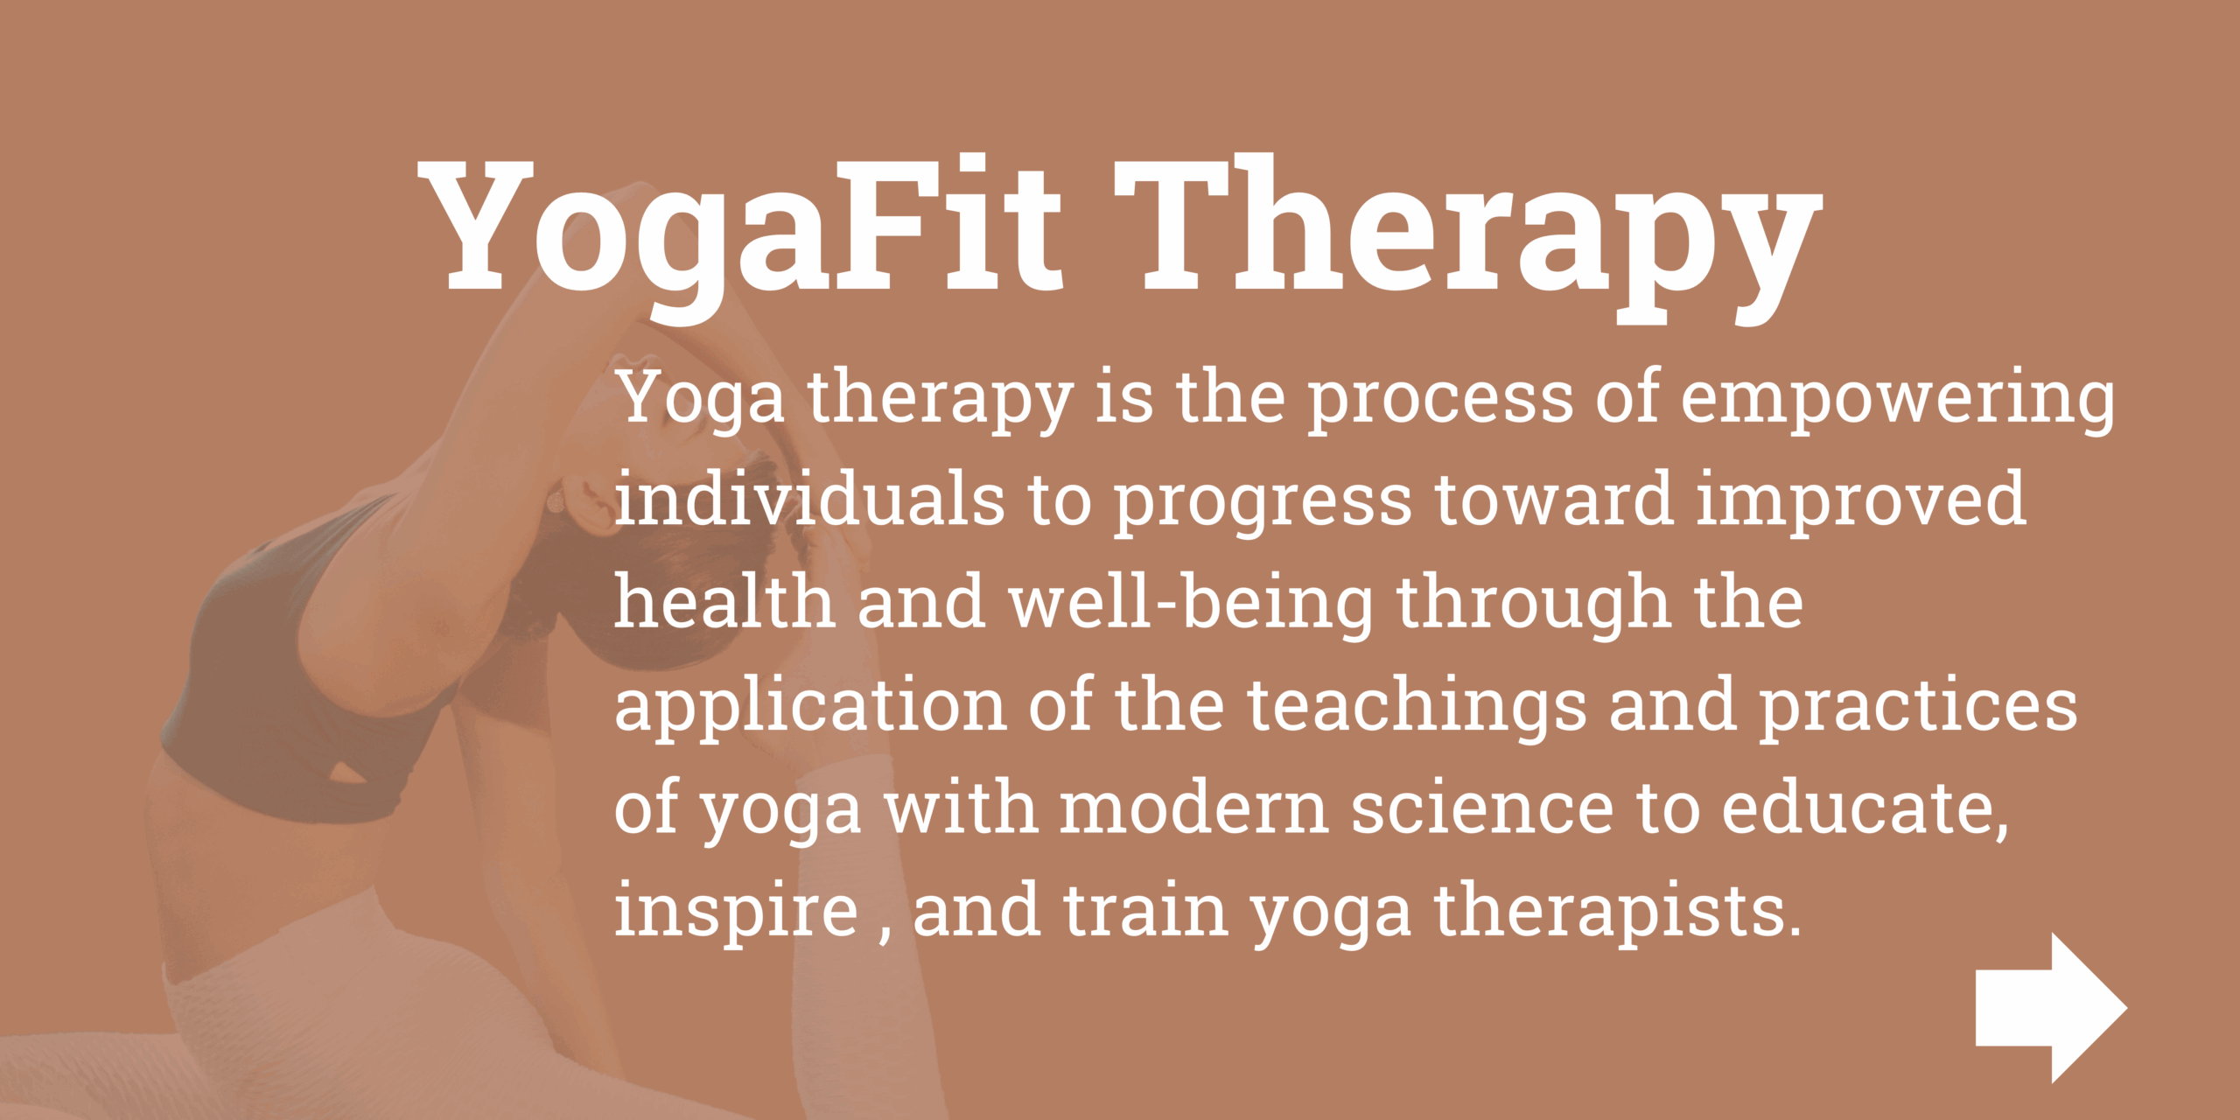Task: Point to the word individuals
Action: [809, 499]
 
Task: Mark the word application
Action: [810, 707]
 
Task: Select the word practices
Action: [1918, 707]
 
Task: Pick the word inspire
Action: [737, 912]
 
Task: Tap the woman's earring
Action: [555, 502]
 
